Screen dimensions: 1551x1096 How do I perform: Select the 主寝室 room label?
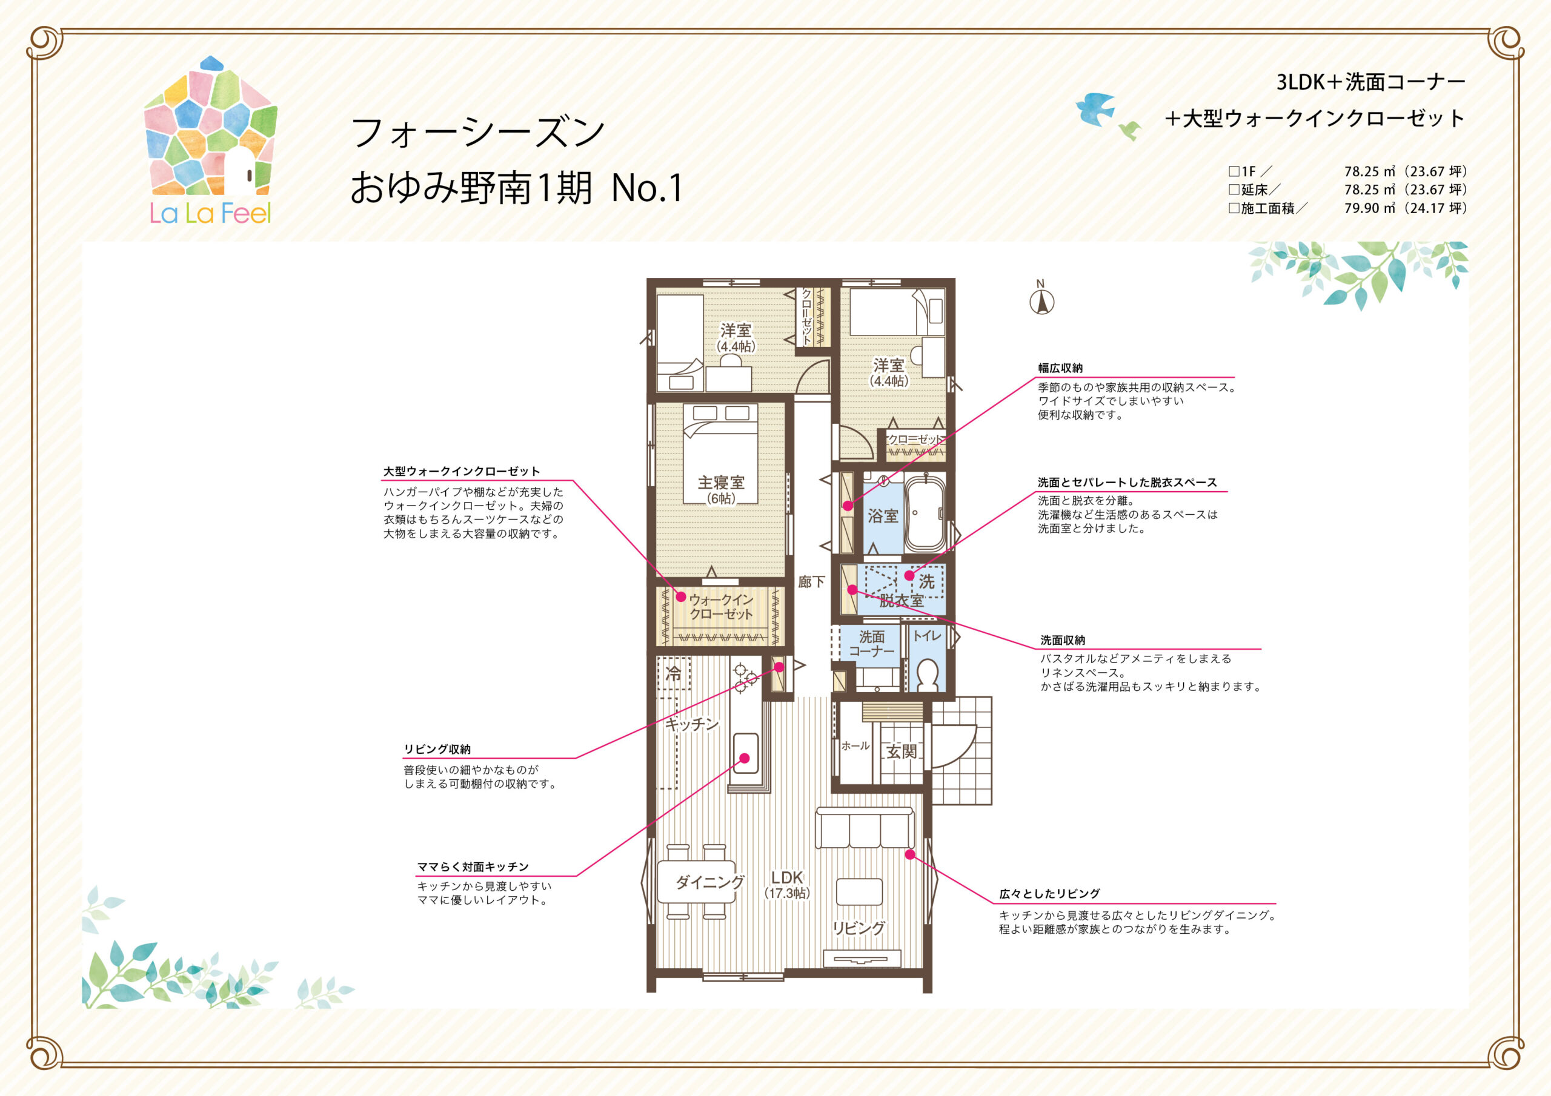click(721, 483)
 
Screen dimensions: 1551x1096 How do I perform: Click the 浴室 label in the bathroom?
click(883, 517)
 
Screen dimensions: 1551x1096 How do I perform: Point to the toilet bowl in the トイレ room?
click(928, 675)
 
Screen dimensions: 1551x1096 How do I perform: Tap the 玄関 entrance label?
click(901, 751)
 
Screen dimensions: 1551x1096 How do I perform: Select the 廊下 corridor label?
click(811, 581)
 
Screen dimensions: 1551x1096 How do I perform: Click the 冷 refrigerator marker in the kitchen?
click(674, 673)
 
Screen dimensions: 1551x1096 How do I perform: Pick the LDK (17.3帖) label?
click(787, 885)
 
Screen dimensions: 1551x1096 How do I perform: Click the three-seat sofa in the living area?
click(865, 827)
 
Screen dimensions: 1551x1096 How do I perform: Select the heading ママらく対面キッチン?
click(473, 867)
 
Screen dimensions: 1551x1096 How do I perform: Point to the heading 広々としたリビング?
click(1050, 893)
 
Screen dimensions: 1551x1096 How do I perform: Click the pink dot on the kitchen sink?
click(745, 758)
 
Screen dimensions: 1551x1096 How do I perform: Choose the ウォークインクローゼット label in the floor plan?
click(721, 606)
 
